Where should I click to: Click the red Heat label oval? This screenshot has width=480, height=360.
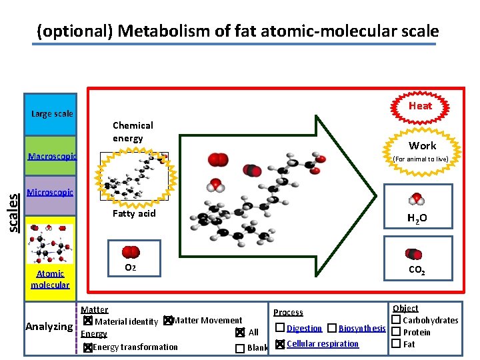pos(420,106)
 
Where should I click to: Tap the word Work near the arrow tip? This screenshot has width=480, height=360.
pos(422,145)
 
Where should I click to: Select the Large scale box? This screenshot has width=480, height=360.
pos(52,113)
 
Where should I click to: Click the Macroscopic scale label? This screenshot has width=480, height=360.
pos(51,157)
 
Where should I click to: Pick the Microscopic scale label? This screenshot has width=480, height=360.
pos(50,193)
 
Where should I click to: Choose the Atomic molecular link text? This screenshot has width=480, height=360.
pos(50,279)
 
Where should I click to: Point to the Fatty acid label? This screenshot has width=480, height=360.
pos(134,213)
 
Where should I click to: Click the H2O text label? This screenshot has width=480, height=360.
pos(417,218)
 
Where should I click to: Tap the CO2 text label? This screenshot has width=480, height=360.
pos(417,271)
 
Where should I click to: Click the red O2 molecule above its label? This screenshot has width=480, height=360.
pos(131,252)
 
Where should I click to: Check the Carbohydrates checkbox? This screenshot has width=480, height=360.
pos(395,321)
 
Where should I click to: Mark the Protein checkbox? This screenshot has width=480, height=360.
pos(395,332)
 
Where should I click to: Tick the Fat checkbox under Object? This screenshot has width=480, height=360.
pos(395,343)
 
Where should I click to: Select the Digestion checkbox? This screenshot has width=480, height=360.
pos(280,328)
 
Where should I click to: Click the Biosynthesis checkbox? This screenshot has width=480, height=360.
pos(332,328)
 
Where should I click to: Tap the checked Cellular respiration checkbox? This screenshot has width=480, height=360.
pos(280,344)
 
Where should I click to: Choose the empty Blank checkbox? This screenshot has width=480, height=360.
pos(239,348)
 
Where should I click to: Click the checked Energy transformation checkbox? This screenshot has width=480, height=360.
pos(87,347)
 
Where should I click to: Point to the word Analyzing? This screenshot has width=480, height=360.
pos(49,327)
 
